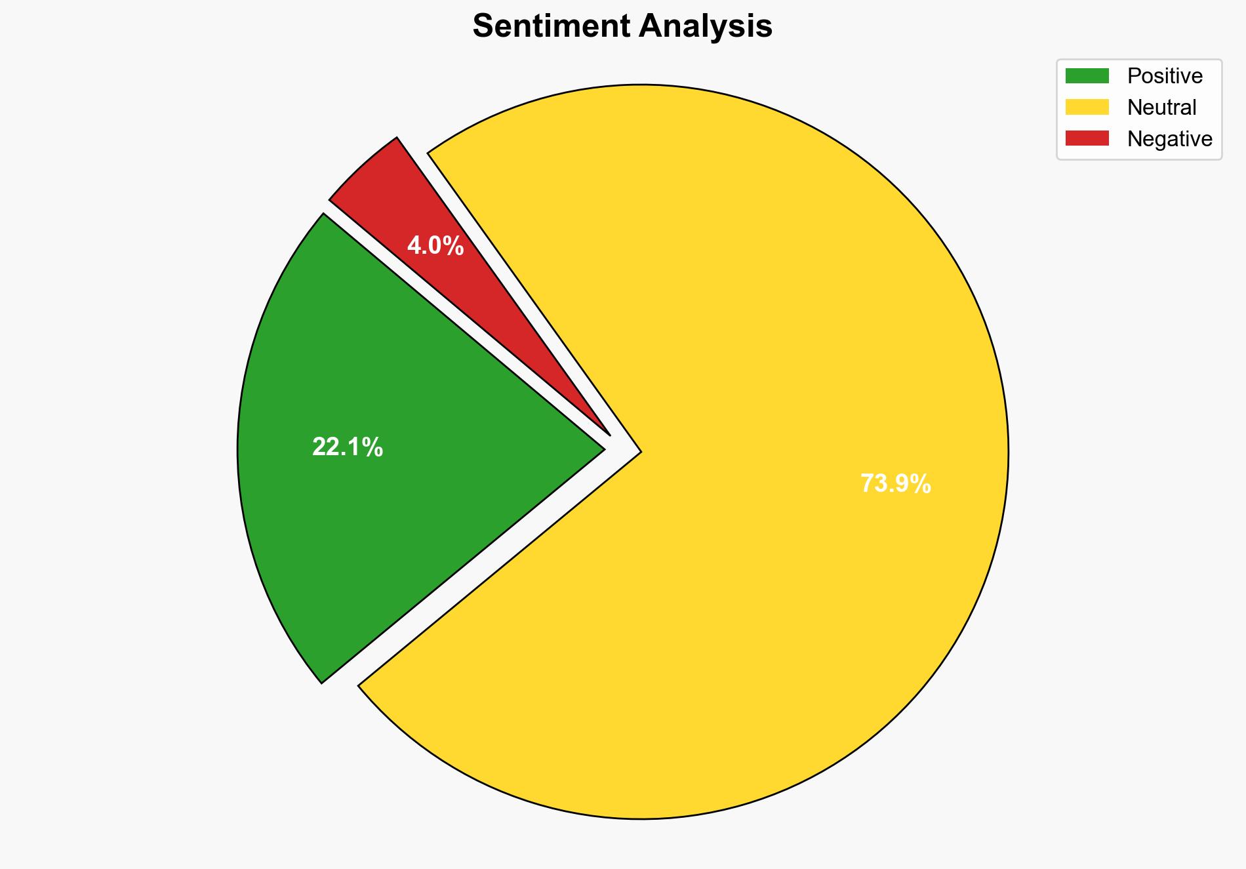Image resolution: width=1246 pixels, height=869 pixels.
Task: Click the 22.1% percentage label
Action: click(347, 447)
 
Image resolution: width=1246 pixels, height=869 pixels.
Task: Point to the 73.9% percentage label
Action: click(895, 484)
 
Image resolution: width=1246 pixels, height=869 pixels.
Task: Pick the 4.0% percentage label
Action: click(435, 246)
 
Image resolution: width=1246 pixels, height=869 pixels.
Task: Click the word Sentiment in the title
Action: click(552, 27)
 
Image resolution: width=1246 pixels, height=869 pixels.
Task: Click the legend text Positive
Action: click(1165, 76)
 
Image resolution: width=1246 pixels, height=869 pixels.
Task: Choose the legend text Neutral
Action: click(1161, 108)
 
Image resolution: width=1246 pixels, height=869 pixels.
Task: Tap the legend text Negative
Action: click(1169, 139)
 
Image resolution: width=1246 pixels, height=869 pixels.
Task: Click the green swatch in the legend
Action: click(1087, 76)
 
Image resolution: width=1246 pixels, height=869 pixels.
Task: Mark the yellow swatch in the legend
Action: click(1087, 107)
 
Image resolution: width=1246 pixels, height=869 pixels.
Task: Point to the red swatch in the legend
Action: click(1087, 138)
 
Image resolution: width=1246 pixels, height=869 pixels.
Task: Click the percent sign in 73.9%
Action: click(920, 484)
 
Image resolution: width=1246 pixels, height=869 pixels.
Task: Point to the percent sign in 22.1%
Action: click(372, 447)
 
